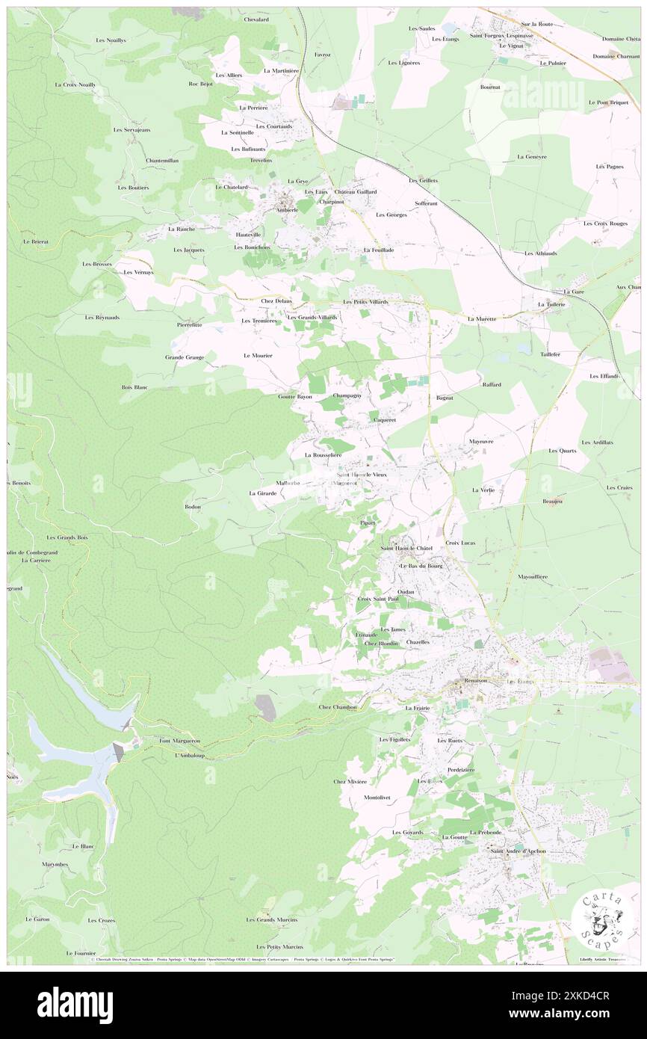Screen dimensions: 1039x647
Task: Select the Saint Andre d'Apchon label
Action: click(x=518, y=851)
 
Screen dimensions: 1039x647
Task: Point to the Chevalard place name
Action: click(x=256, y=20)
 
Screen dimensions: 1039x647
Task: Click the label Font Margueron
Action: click(x=179, y=741)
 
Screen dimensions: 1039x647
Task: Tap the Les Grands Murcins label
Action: click(x=272, y=919)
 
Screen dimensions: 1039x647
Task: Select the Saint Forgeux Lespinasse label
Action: click(x=501, y=36)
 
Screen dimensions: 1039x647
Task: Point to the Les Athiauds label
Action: click(x=540, y=253)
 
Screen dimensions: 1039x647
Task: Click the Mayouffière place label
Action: click(x=533, y=577)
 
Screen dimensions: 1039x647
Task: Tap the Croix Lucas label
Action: click(x=460, y=542)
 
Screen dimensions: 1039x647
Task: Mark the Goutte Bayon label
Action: click(x=294, y=396)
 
